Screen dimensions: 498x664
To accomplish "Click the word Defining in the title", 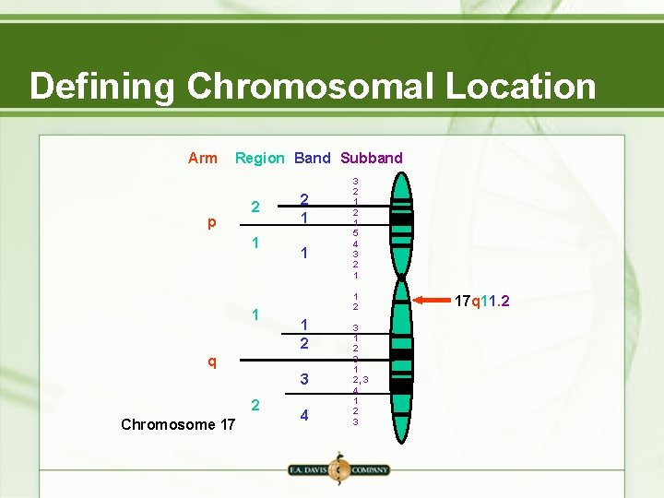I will [x=101, y=87].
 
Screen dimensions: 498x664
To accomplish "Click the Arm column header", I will [x=202, y=158].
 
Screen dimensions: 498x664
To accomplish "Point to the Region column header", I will [x=259, y=158].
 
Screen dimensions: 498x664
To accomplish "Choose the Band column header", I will [x=312, y=158].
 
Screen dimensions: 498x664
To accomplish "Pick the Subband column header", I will [x=372, y=158].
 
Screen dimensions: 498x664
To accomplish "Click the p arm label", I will [x=212, y=223].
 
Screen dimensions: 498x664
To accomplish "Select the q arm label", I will [x=212, y=361].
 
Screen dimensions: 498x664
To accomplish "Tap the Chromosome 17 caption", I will [x=178, y=424].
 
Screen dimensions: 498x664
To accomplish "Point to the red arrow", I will [x=443, y=300].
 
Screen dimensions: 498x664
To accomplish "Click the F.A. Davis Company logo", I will [x=338, y=468].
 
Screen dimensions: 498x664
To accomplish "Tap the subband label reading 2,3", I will [x=360, y=379].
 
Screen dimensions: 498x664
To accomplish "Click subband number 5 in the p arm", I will [x=356, y=233].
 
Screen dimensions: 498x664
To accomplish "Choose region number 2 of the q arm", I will [x=257, y=405].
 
